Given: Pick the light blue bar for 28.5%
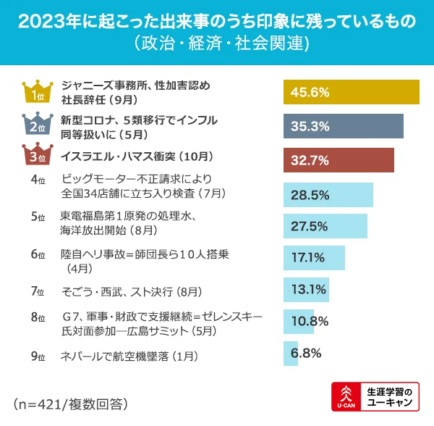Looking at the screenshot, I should click(x=328, y=195).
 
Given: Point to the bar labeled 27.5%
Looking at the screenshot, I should click(x=325, y=226).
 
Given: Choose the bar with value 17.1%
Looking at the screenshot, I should click(x=313, y=257).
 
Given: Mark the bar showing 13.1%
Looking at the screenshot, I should click(x=306, y=290).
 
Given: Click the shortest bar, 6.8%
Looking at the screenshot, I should click(x=290, y=354).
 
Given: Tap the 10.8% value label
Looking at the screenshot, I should click(x=310, y=321).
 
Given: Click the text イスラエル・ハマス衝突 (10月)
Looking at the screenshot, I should click(x=137, y=156).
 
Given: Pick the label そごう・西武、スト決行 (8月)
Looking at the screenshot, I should click(x=127, y=291).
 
